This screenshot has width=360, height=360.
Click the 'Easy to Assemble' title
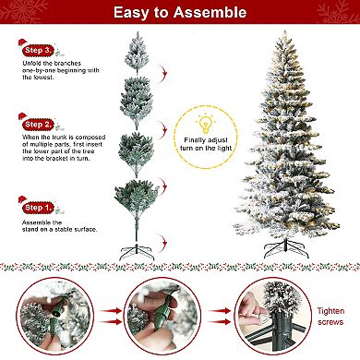[x=180, y=12]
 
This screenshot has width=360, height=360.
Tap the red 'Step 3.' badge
[x=39, y=51]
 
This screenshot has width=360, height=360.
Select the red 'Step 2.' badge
[x=39, y=125]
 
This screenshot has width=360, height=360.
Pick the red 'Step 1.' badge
[x=39, y=208]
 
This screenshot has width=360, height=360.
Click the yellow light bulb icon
[x=205, y=124]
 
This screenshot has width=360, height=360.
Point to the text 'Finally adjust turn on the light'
[x=206, y=144]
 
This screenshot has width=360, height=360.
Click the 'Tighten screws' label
[x=330, y=317]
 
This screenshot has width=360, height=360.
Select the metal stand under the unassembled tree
[x=137, y=252]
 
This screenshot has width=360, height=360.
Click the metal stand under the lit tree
[x=286, y=249]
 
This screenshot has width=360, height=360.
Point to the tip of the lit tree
[x=285, y=30]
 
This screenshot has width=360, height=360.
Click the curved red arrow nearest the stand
[x=162, y=240]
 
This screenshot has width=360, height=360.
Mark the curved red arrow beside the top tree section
[x=162, y=73]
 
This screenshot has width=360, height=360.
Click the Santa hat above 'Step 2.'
[x=23, y=117]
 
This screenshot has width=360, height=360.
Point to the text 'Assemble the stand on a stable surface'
[x=59, y=226]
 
